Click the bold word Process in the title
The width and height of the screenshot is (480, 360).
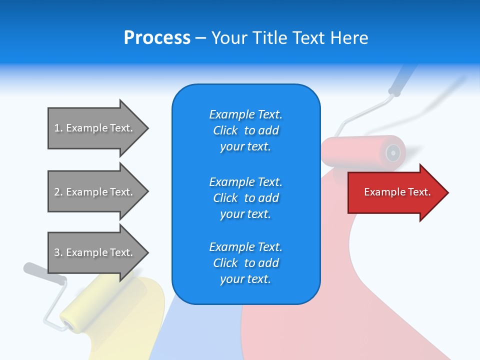(157, 38)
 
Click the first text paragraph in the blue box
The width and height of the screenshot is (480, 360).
(245, 130)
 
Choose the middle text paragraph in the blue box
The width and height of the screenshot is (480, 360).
(245, 198)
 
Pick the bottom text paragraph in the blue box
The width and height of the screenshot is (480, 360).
(245, 263)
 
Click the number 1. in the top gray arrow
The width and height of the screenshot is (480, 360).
(58, 128)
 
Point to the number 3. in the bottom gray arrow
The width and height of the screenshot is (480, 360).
(58, 252)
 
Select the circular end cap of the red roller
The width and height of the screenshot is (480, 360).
(393, 151)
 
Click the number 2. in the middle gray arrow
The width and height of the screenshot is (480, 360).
(58, 192)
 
